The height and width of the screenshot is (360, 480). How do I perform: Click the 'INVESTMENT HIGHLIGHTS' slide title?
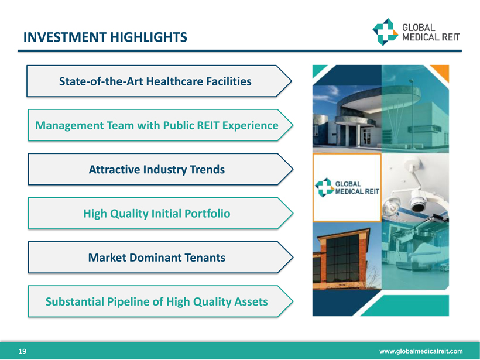click(x=105, y=37)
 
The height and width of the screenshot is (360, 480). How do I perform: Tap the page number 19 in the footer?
click(x=22, y=351)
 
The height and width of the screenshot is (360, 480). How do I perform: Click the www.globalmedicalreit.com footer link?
click(x=421, y=351)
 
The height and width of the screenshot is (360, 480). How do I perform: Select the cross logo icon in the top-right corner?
click(x=385, y=32)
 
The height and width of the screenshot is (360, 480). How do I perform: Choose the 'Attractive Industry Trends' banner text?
click(x=157, y=170)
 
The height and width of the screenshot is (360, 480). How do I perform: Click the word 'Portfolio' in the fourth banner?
click(x=207, y=214)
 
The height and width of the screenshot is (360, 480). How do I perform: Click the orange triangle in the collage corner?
click(x=441, y=72)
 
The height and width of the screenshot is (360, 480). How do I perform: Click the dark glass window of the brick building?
click(x=342, y=259)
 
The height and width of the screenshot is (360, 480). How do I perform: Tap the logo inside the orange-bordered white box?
click(x=347, y=187)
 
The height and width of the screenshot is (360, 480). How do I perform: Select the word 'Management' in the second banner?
click(x=70, y=125)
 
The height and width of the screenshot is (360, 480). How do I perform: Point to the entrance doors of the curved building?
click(x=366, y=136)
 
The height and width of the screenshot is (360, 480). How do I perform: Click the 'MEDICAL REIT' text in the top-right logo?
click(x=431, y=37)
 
